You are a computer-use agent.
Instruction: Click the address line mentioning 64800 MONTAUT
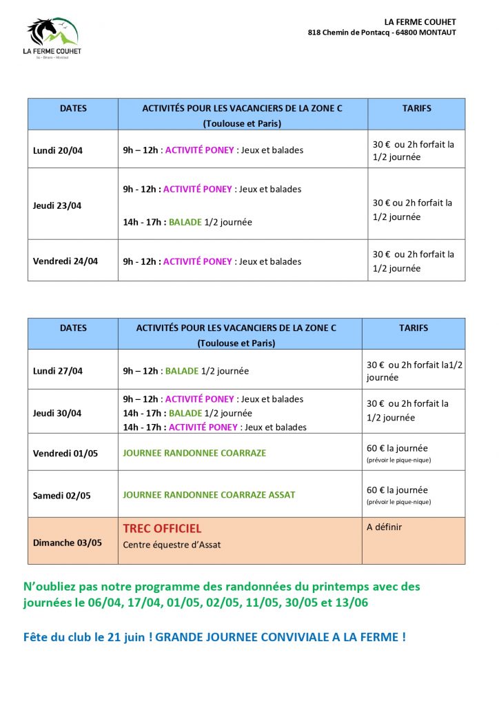382,32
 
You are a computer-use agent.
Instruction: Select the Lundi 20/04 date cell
58,150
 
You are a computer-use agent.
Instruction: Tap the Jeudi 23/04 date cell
57,205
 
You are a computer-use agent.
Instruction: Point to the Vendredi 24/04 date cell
65,261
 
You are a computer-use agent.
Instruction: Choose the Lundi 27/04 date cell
58,371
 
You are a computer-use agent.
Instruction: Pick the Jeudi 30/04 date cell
57,413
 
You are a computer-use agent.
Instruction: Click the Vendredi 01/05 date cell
65,453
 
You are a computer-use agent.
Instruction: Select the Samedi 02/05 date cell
62,495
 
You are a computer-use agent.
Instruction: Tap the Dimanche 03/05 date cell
68,543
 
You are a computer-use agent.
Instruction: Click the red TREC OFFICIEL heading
162,529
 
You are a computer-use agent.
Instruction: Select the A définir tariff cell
384,527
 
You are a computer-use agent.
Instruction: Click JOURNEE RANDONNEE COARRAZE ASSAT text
209,495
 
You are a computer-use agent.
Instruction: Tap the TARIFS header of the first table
416,108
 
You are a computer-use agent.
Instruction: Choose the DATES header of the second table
74,328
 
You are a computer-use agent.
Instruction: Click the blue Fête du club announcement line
214,637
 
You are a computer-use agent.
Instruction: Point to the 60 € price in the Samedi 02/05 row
376,490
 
